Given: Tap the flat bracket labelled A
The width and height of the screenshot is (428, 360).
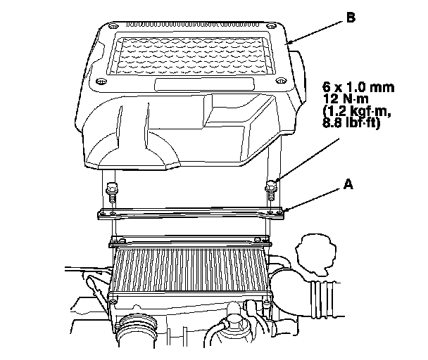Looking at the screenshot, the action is coord(190,213).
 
